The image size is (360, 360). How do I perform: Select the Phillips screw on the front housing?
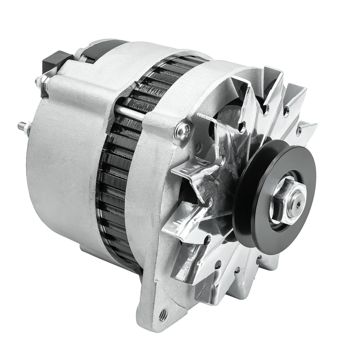point(182,131)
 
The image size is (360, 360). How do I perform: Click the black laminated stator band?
point(117,180)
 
